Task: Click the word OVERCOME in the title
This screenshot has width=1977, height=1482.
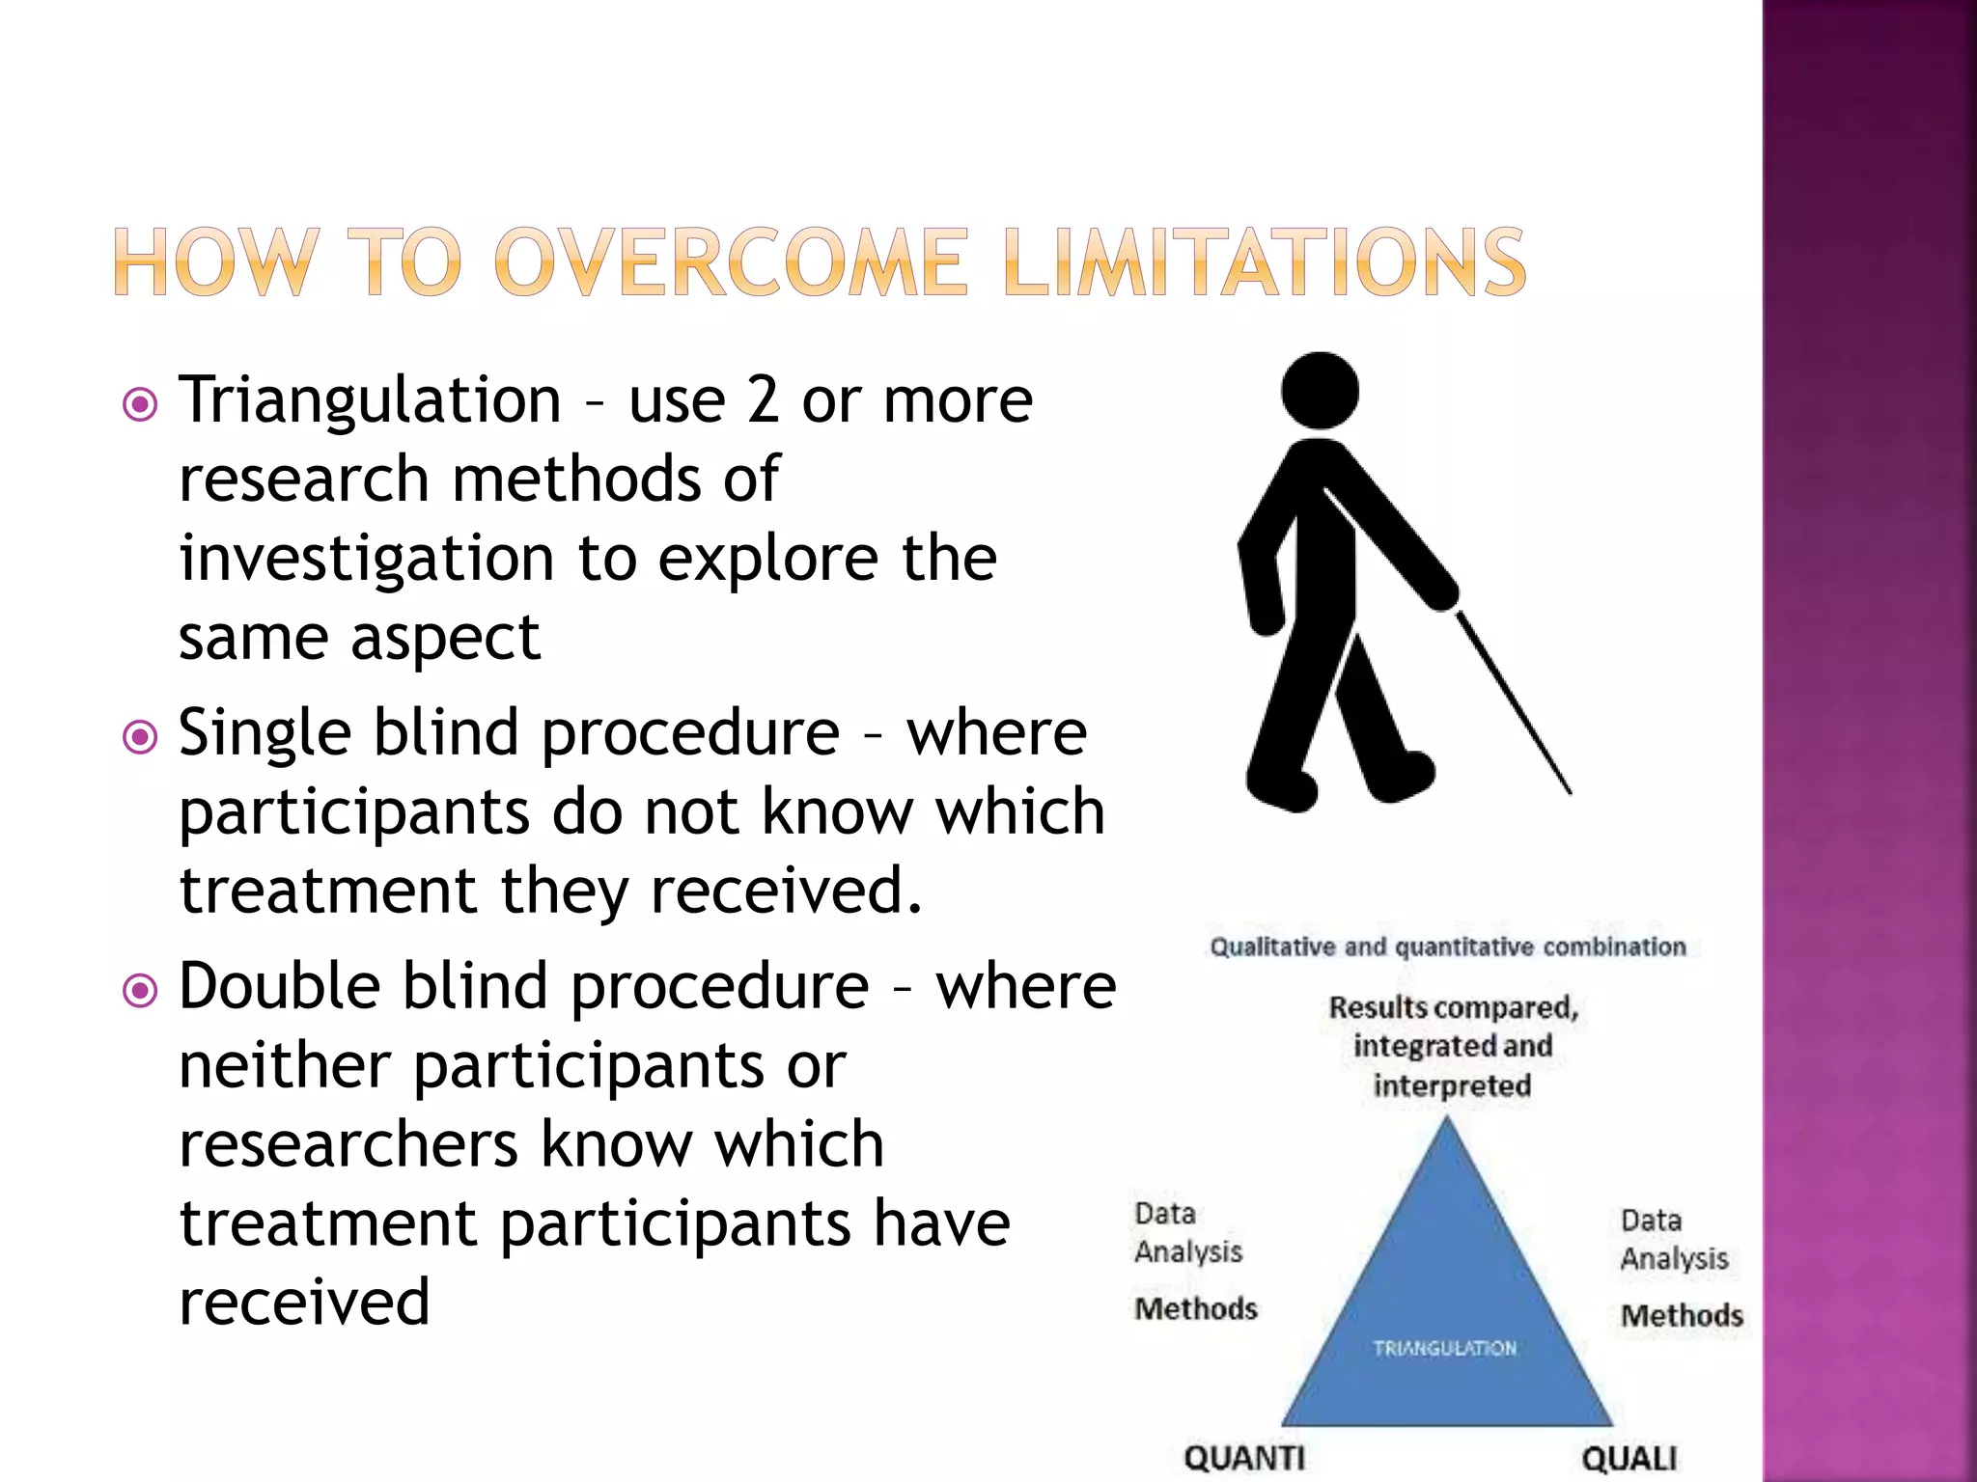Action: (x=730, y=262)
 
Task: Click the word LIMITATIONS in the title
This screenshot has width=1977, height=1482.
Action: (x=1264, y=262)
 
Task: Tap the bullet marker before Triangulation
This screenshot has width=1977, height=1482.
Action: (x=141, y=404)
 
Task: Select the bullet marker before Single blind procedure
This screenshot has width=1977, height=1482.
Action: (x=141, y=738)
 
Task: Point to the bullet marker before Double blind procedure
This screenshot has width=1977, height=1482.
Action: (x=141, y=991)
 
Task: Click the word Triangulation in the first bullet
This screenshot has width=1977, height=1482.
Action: (x=370, y=400)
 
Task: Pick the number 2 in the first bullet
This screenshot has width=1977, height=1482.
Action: (x=763, y=400)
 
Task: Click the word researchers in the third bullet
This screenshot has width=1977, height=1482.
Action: (x=348, y=1145)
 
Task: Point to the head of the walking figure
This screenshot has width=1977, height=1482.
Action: (x=1320, y=390)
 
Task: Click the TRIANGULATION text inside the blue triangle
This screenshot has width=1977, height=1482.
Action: (x=1445, y=1348)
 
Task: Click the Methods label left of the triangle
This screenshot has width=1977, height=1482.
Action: (x=1196, y=1309)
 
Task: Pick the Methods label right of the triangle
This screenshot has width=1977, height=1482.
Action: (x=1682, y=1316)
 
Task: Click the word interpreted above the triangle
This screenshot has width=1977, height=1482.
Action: (x=1452, y=1086)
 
